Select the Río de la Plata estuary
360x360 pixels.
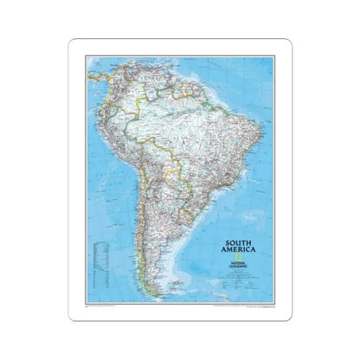[192, 217]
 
